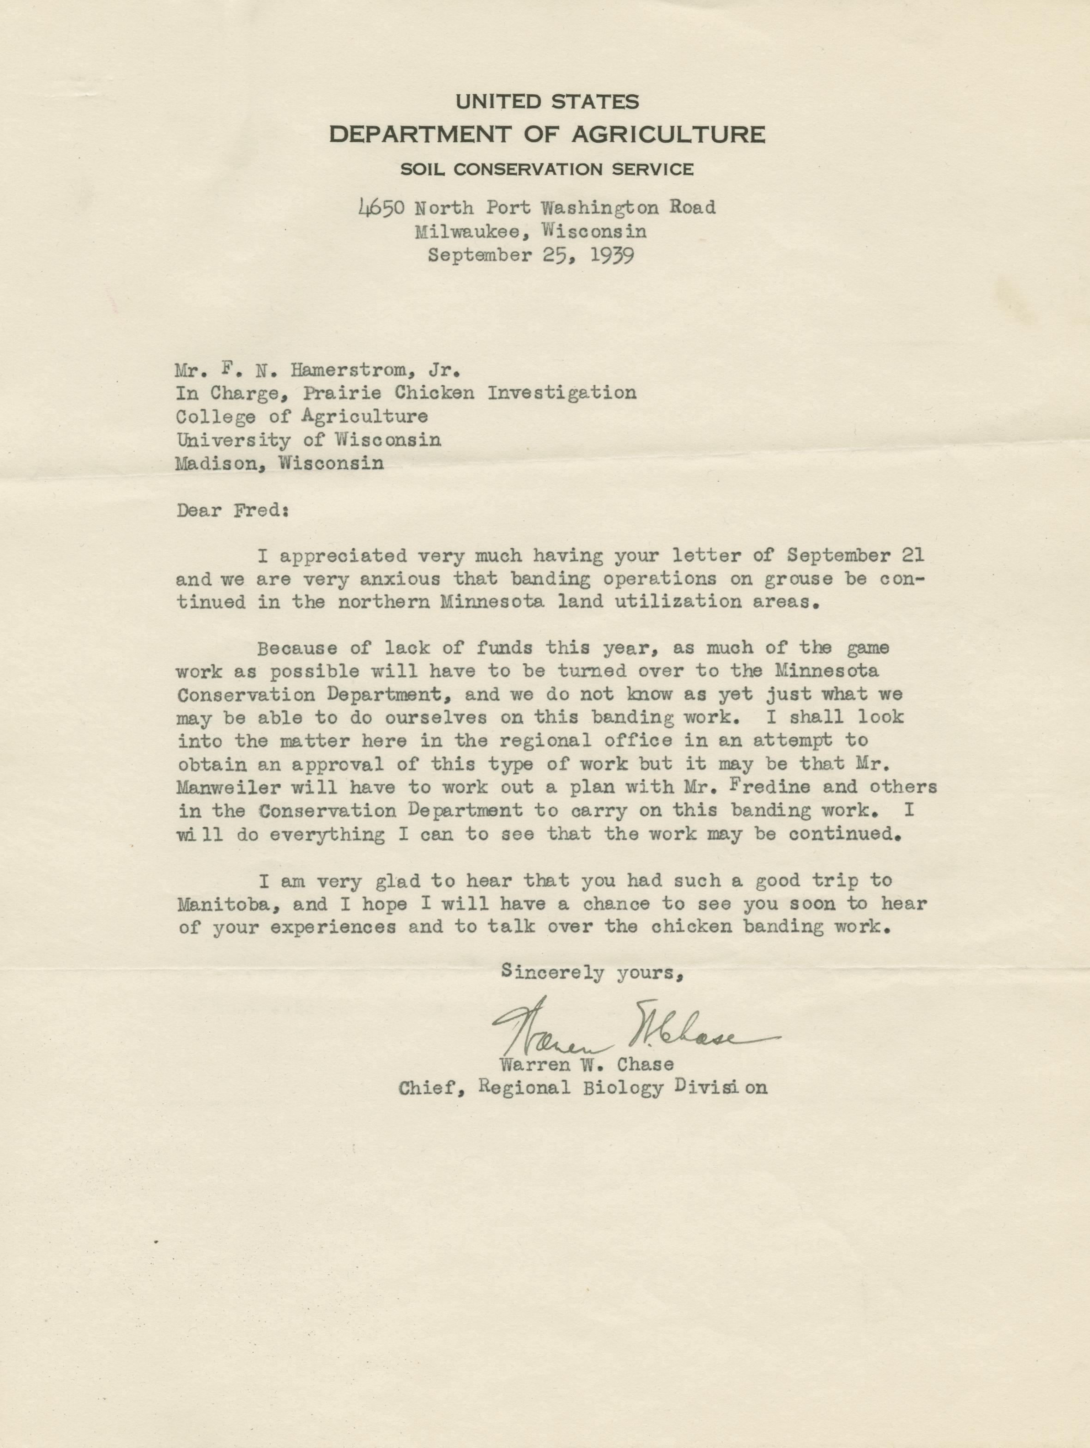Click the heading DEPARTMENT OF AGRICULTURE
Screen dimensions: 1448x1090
[547, 134]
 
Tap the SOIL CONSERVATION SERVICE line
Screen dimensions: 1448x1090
[547, 170]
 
